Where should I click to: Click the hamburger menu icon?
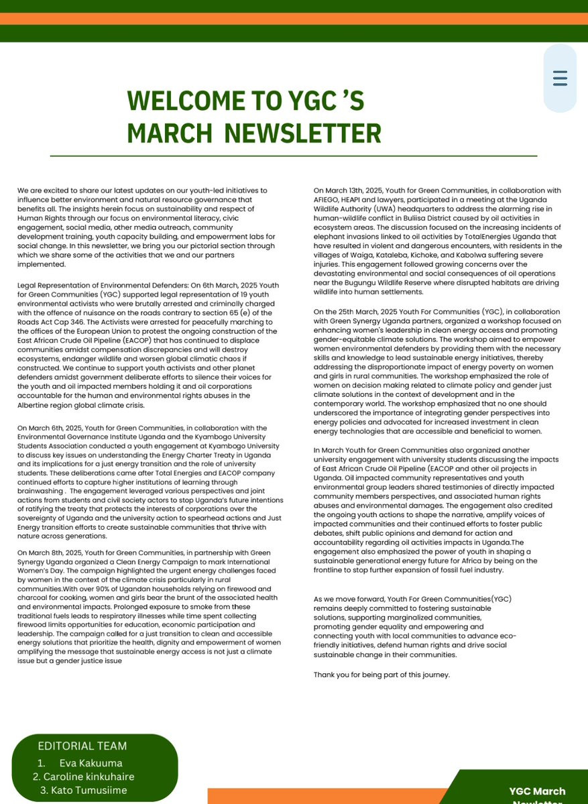[x=560, y=78]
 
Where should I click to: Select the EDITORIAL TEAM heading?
[x=82, y=746]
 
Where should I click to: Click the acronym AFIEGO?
[x=328, y=199]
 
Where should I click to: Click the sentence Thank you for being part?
[x=381, y=675]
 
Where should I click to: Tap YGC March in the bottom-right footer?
[x=536, y=791]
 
